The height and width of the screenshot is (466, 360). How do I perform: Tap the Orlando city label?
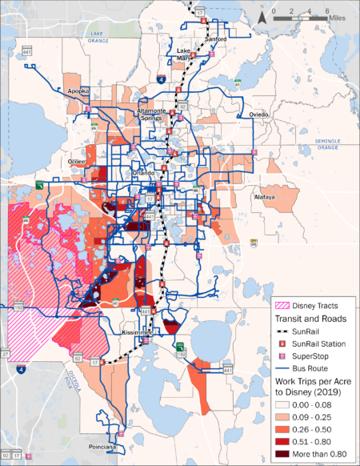coord(144,172)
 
